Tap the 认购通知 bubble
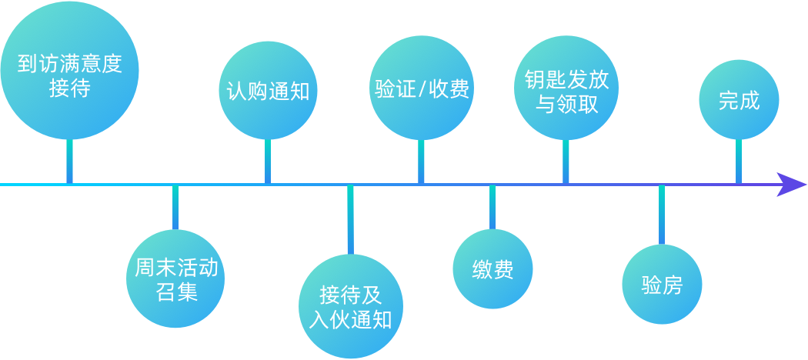click(268, 90)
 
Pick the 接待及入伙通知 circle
click(350, 307)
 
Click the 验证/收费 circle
click(421, 88)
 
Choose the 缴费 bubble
click(492, 268)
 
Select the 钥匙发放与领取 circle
click(566, 90)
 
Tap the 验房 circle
click(662, 285)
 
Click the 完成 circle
click(739, 100)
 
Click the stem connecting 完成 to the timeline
click(739, 162)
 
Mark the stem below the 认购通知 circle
click(268, 162)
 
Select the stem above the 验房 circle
click(662, 215)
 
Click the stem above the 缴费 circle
click(492, 207)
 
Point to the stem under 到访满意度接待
click(69, 162)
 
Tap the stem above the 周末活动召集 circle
click(175, 207)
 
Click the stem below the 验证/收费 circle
click(421, 162)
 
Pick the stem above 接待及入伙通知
click(350, 218)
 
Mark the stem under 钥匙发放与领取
click(566, 162)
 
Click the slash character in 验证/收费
click(422, 89)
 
